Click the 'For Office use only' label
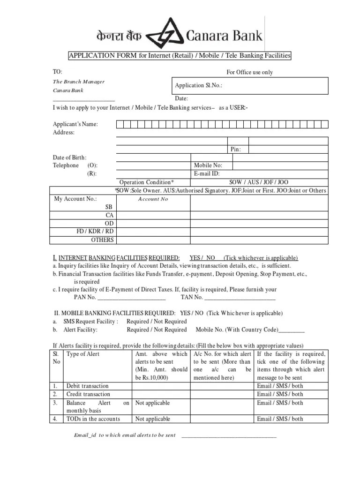pos(249,72)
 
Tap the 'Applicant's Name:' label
pos(75,124)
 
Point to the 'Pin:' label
pos(236,149)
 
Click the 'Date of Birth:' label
pos(69,157)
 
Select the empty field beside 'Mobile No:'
pos(280,165)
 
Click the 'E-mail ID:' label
pos(207,173)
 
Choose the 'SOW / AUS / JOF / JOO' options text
pos(259,182)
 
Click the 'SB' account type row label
pos(108,207)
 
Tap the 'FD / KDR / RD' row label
pos(95,232)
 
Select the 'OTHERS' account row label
pos(102,240)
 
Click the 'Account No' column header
pos(153,199)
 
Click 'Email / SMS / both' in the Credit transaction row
pos(280,394)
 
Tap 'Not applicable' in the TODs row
pos(152,419)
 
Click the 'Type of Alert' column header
pos(83,354)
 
